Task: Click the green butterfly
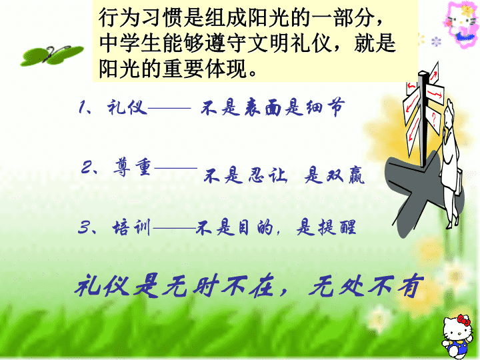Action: [x=51, y=55]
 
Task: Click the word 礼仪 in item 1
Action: [x=127, y=107]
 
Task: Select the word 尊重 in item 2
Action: [x=132, y=167]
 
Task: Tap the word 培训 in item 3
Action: [x=131, y=228]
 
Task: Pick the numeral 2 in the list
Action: [x=87, y=167]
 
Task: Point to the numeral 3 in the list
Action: [x=83, y=227]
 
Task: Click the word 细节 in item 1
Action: [x=326, y=107]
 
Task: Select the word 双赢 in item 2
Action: [x=345, y=176]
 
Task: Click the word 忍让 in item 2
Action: [x=267, y=176]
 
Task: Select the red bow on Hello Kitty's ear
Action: [x=463, y=320]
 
